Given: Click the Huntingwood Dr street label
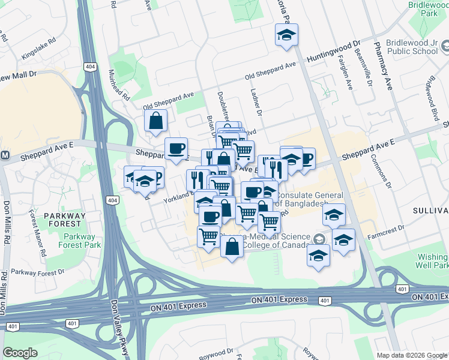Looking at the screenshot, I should [333, 52].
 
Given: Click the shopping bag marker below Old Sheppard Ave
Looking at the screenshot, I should [156, 121].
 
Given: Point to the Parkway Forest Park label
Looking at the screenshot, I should [80, 240].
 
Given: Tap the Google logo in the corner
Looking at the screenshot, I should [20, 352].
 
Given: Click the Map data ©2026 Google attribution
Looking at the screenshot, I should [411, 355].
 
